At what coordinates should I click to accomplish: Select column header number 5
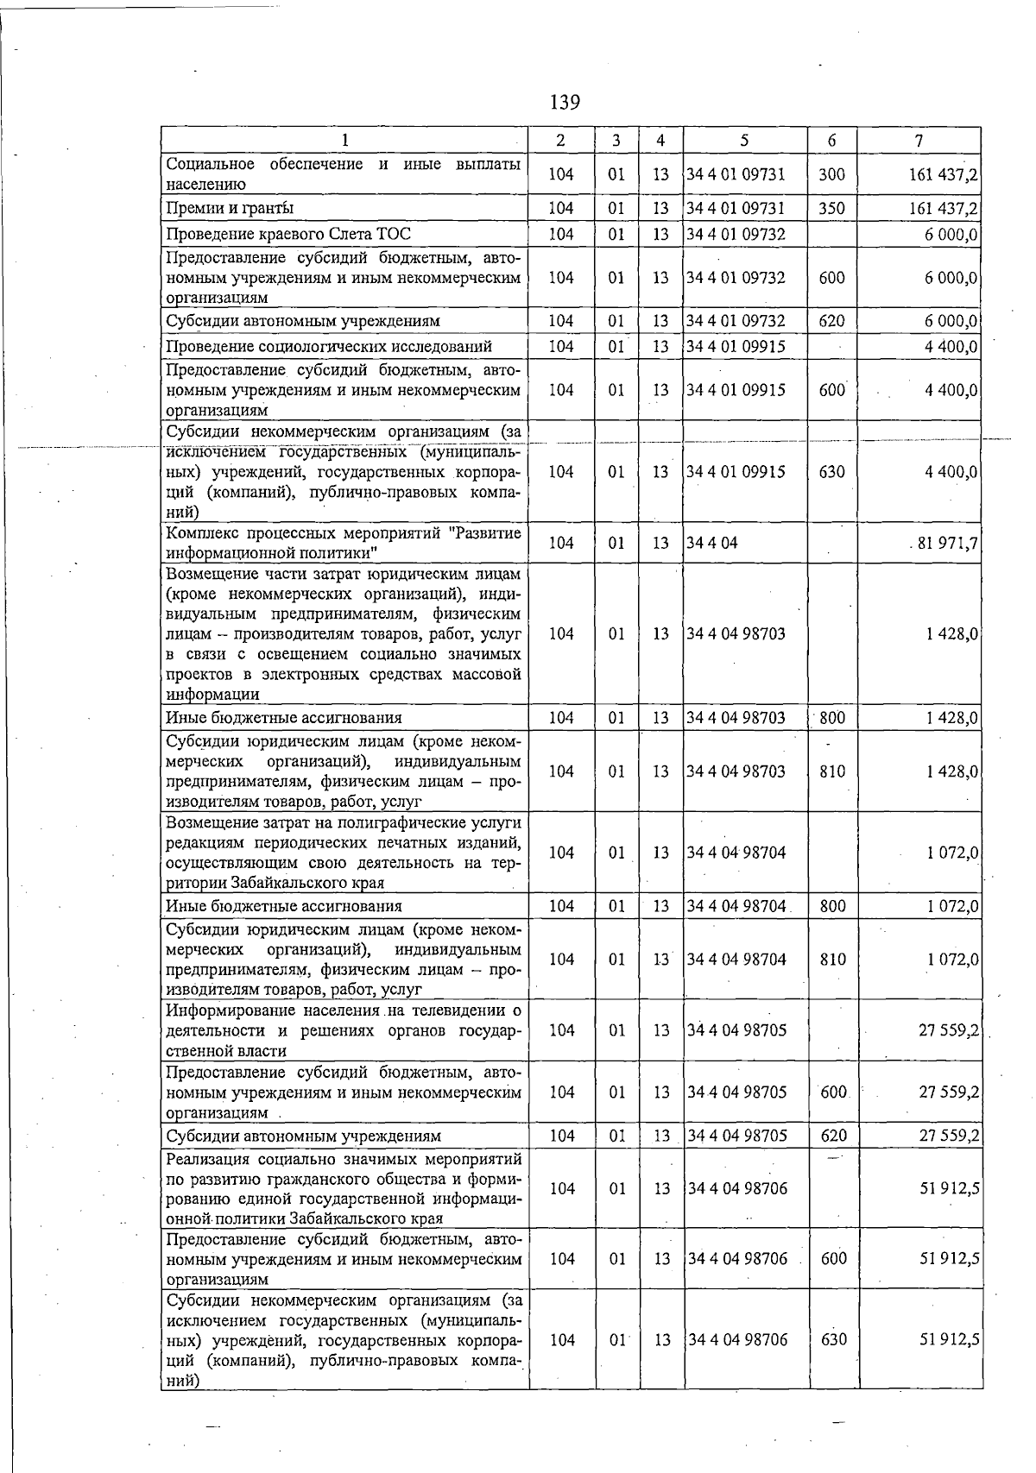coord(744,141)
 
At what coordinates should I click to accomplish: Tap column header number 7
coord(919,141)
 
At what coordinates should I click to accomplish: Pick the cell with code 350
coord(831,209)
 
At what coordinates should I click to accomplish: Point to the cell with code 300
coord(831,174)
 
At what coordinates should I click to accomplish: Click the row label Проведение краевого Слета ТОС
coord(288,235)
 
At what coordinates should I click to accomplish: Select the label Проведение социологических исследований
coord(329,347)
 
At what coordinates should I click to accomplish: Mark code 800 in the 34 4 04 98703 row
coord(832,718)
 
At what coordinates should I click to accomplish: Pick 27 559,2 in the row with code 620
coord(949,1136)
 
